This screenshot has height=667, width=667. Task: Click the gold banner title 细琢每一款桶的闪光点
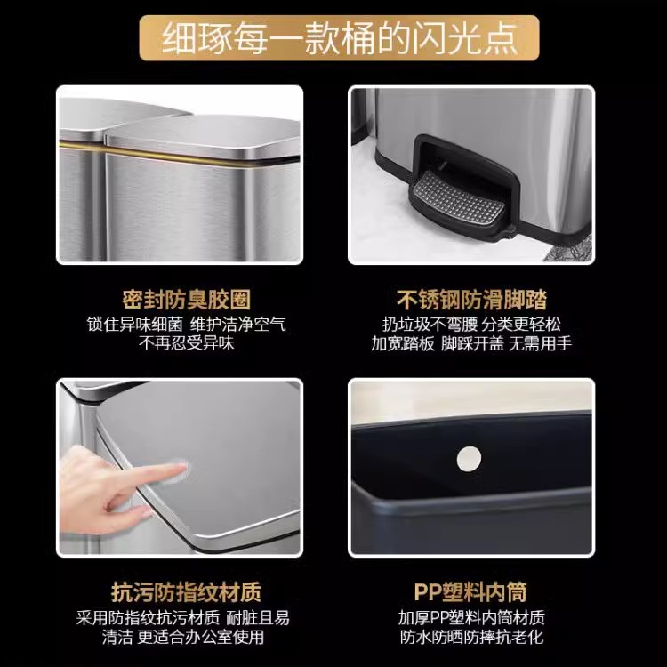(339, 39)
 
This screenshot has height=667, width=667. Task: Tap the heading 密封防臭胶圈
(187, 300)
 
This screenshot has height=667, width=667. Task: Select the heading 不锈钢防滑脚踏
(471, 300)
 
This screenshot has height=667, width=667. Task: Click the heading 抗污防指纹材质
(186, 592)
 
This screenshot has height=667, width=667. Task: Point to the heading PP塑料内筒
(470, 592)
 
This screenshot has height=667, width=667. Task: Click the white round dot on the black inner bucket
(469, 459)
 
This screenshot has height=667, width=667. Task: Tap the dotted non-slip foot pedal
(460, 198)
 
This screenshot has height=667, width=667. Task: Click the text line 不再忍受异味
(187, 343)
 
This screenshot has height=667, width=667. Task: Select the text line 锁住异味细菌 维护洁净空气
(187, 324)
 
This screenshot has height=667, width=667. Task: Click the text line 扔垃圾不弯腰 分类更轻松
(471, 324)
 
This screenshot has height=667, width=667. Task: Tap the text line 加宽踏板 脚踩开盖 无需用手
(471, 343)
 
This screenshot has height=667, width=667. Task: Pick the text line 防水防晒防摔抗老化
(471, 637)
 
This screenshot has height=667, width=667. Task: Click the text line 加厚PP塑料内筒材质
(471, 618)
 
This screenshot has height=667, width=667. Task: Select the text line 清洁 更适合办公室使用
(183, 637)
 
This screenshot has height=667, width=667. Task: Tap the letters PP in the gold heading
(428, 592)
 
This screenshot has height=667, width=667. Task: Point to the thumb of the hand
(127, 510)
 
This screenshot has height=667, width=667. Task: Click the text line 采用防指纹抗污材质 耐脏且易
(183, 618)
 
